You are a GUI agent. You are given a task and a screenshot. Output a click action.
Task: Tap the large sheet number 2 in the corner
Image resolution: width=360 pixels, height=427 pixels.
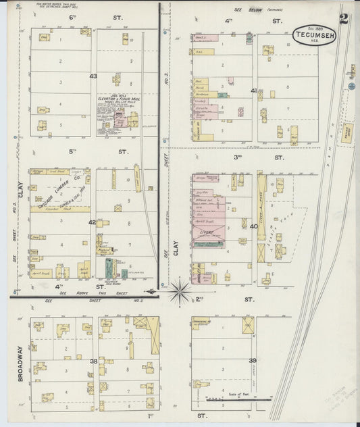(344, 18)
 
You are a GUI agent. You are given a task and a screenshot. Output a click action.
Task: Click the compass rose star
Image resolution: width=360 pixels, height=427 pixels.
(180, 291)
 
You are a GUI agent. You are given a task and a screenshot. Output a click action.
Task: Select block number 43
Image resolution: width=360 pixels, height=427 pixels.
(93, 76)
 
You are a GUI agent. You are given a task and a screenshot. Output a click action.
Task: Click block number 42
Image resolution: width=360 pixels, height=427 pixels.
(93, 222)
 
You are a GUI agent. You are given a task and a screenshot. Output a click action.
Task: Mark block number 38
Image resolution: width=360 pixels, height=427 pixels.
(94, 361)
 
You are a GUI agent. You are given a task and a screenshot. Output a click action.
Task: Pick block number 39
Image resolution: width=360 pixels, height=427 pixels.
(253, 361)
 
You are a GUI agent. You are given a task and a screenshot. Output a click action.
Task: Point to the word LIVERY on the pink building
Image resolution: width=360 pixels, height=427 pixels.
(206, 232)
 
